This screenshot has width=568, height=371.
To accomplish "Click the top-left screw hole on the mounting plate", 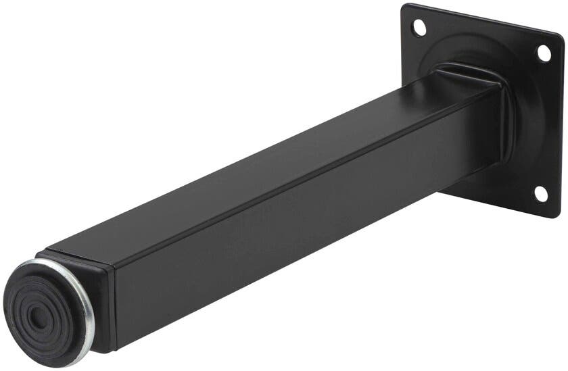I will pyautogui.click(x=420, y=28).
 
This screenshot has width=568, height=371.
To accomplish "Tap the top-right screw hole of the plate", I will pyautogui.click(x=544, y=52).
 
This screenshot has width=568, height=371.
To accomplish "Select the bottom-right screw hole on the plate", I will pyautogui.click(x=541, y=193).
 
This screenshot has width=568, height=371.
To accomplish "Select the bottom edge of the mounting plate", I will pyautogui.click(x=500, y=204).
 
